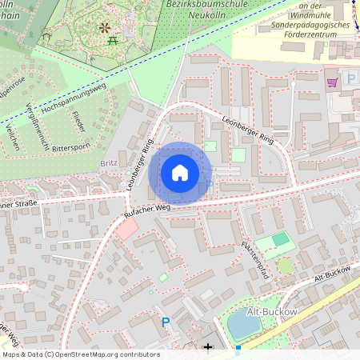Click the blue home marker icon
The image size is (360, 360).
(x=180, y=173)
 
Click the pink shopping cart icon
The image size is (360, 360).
(x=332, y=82)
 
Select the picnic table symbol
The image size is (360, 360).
(x=114, y=36)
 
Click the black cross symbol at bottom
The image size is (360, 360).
(x=209, y=347)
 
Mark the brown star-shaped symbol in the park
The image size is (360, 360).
(x=104, y=28)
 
